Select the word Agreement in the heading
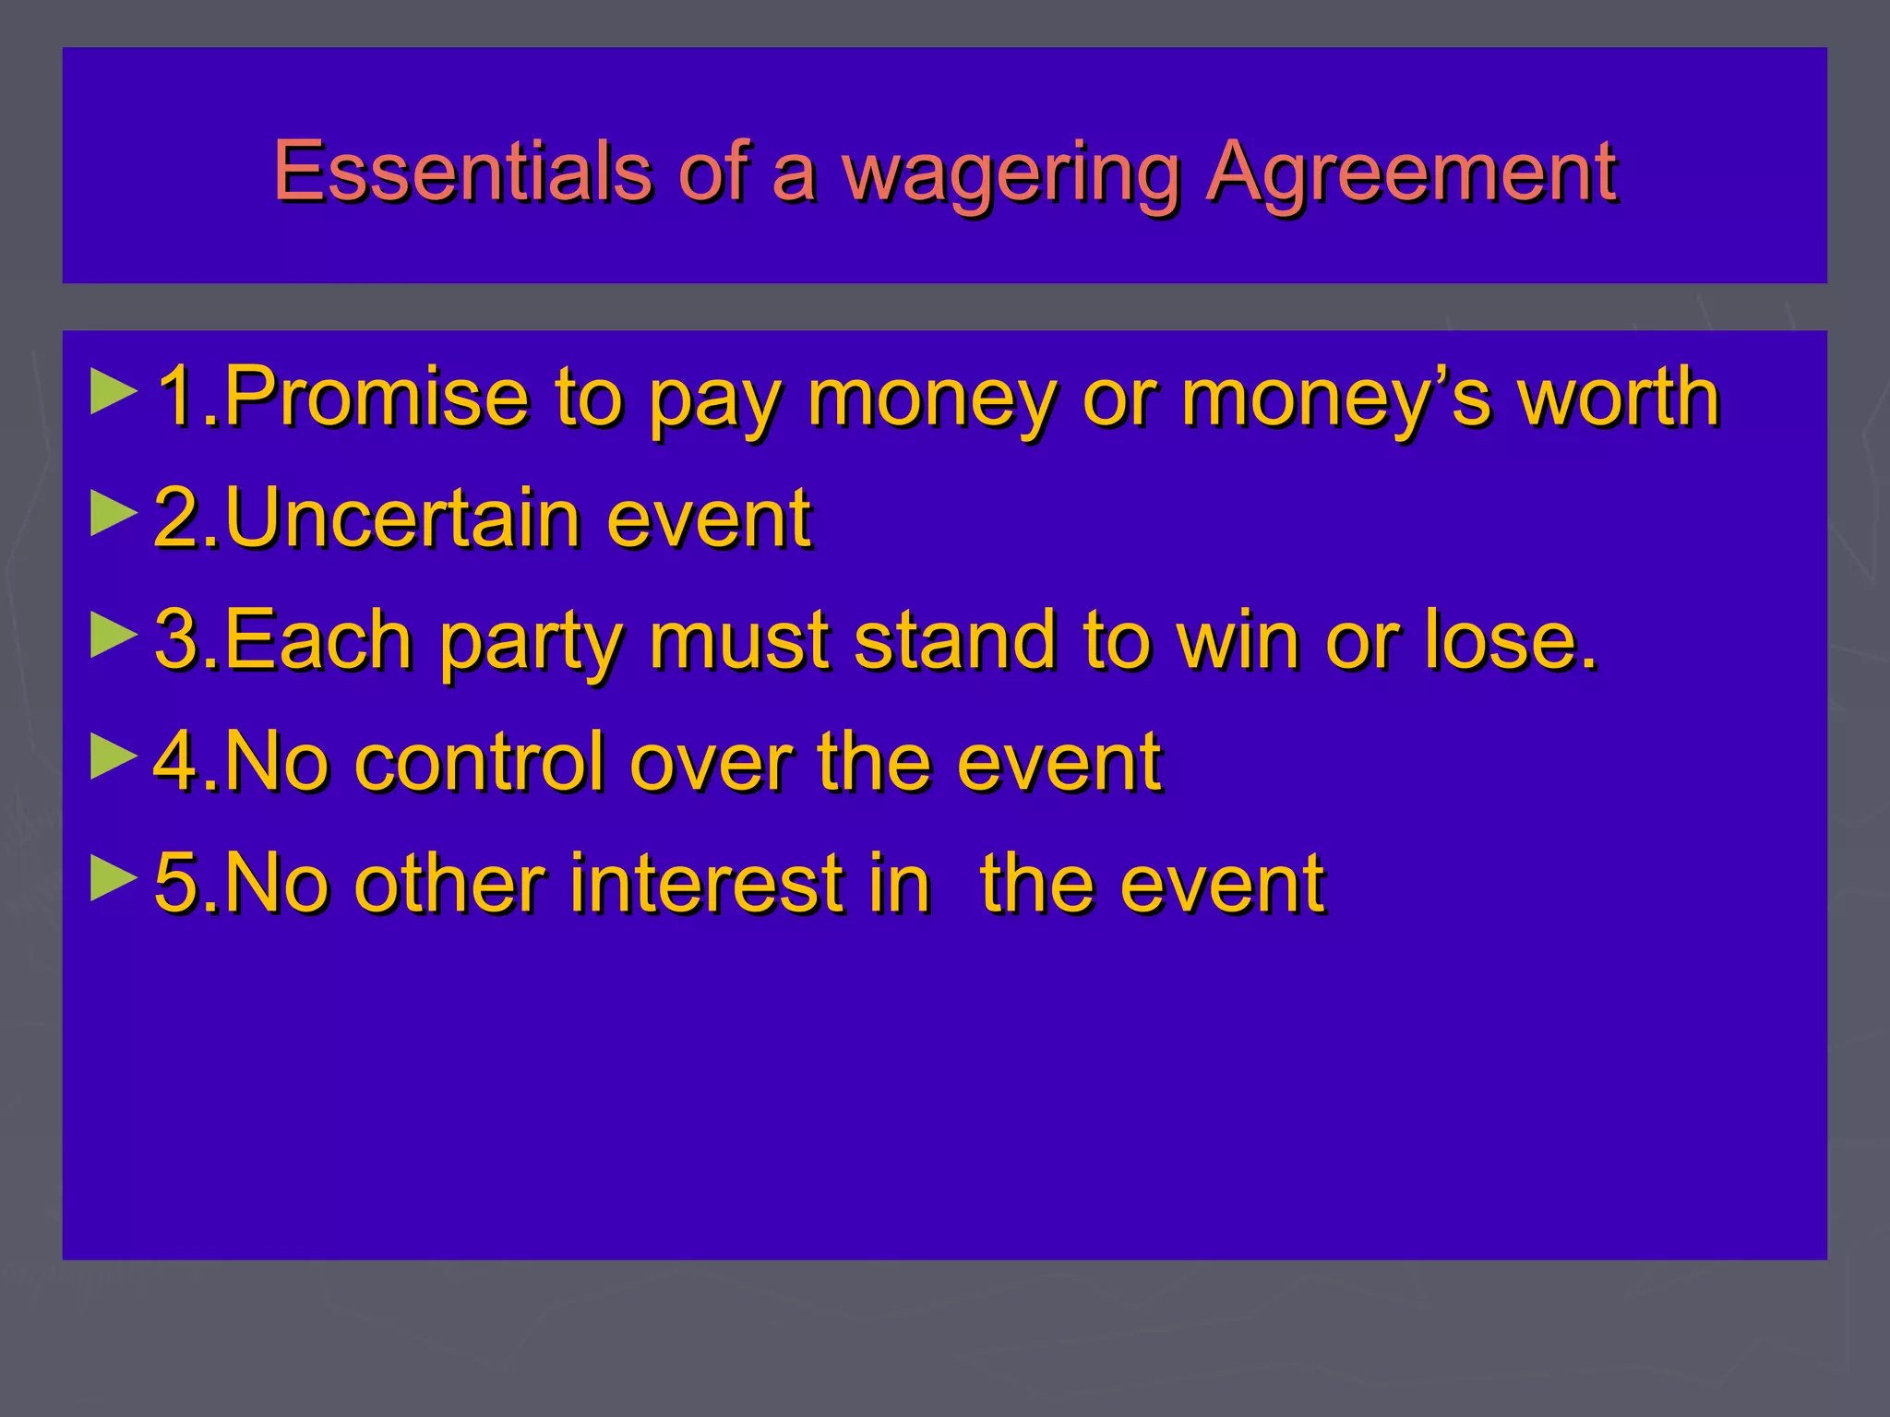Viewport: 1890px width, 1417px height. click(1412, 172)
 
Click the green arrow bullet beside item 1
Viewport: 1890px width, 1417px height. click(114, 392)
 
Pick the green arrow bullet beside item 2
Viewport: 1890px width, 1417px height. click(114, 513)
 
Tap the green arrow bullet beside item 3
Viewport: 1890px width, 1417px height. click(114, 636)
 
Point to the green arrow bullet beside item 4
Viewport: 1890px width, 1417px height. click(114, 757)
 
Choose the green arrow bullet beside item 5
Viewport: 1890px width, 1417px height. click(114, 880)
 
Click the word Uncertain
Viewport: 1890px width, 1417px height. click(402, 518)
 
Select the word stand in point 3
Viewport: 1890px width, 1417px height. click(955, 640)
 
